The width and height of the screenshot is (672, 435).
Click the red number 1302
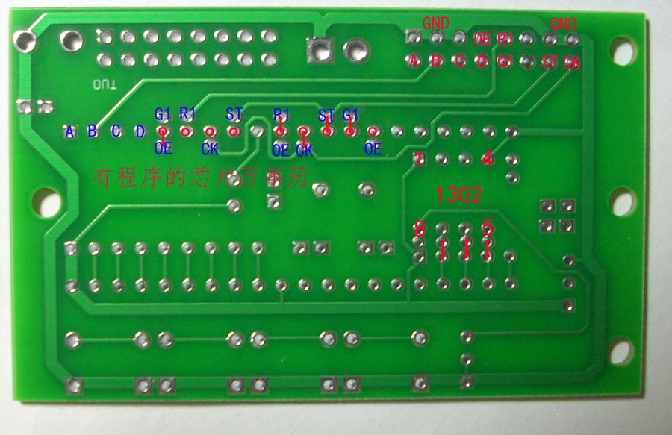(459, 195)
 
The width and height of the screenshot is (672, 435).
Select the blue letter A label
(70, 132)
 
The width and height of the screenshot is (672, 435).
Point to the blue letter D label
(140, 132)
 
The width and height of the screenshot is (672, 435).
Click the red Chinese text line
(200, 177)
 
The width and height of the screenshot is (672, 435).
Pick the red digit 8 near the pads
(420, 228)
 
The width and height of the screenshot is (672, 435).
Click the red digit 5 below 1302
(488, 227)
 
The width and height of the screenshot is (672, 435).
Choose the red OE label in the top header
(482, 38)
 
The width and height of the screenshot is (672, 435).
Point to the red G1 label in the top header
(505, 61)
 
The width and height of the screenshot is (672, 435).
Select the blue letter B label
(93, 132)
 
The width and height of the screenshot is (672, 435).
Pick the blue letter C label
(116, 132)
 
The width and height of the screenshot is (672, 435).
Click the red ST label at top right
(550, 62)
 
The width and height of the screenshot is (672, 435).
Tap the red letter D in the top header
(482, 61)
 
